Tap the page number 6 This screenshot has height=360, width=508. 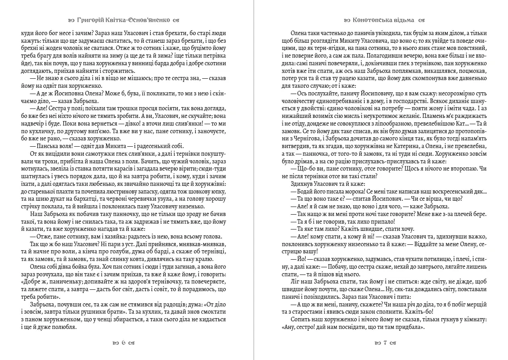point(123,343)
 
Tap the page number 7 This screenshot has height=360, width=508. point(385,343)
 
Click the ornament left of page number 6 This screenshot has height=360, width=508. point(114,343)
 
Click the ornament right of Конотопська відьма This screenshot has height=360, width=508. point(422,20)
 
